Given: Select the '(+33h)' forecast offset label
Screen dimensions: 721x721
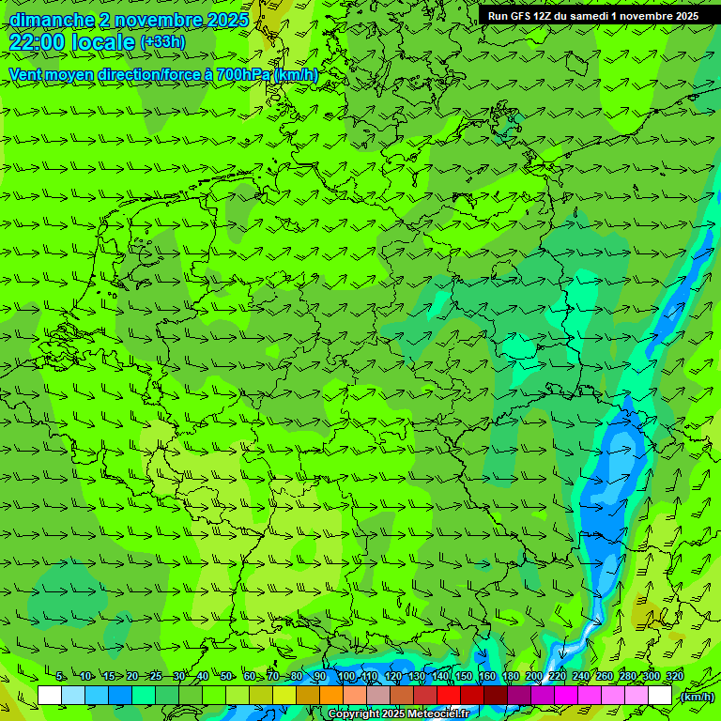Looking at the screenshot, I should tap(162, 42).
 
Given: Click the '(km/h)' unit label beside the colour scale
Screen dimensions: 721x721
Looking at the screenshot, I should tap(696, 697).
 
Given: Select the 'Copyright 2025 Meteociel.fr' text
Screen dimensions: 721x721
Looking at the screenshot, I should tap(398, 714).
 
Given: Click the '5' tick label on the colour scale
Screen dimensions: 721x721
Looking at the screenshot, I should tap(60, 677).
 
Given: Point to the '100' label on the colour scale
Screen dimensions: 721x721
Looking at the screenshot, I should tap(346, 677).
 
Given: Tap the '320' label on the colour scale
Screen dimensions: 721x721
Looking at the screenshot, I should tap(675, 677).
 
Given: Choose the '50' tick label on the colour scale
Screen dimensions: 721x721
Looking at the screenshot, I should tap(225, 677).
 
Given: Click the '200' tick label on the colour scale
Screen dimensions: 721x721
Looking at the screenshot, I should tap(534, 677).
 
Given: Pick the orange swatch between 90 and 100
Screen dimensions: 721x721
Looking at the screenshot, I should tap(331, 696).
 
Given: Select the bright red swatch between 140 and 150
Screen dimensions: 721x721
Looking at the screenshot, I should tap(449, 696).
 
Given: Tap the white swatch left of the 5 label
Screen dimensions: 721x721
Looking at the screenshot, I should tap(50, 696).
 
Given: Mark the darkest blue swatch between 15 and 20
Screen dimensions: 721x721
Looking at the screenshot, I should tap(120, 696).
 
